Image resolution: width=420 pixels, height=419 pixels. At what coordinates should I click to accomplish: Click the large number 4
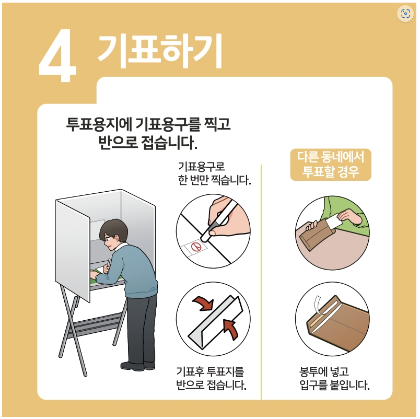[57, 55]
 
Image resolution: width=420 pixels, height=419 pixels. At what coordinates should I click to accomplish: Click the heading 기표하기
[160, 51]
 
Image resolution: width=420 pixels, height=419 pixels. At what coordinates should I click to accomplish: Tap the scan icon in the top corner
[405, 14]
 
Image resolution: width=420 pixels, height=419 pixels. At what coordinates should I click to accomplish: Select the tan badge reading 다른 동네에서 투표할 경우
[331, 165]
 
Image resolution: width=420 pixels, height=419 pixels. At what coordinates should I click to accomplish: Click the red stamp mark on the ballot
[196, 247]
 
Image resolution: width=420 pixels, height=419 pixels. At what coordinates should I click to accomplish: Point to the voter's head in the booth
[113, 233]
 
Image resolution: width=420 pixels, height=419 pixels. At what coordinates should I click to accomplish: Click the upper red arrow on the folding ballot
[203, 303]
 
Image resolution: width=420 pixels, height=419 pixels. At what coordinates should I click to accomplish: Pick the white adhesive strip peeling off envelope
[319, 305]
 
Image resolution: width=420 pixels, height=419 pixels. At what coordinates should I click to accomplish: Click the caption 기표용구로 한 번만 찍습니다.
[214, 173]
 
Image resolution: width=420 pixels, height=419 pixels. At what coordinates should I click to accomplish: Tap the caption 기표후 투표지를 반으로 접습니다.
[212, 378]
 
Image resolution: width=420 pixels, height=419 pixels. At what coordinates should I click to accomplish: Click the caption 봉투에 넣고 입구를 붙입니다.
[334, 378]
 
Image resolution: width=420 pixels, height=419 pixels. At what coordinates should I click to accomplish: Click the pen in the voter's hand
[109, 263]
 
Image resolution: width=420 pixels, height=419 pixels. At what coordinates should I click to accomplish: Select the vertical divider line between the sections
[261, 282]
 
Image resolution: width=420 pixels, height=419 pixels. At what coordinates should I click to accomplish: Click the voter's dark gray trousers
[141, 329]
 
